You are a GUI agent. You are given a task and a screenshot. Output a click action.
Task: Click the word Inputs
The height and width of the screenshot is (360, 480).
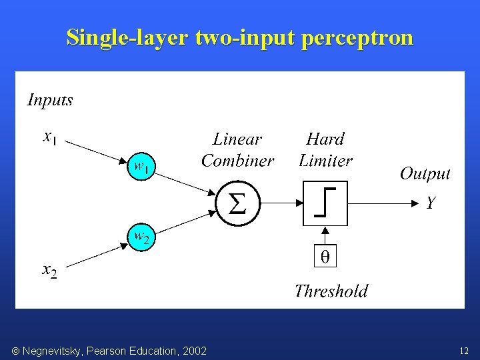(50, 100)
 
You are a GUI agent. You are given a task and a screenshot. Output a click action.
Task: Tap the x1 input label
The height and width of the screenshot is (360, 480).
(50, 137)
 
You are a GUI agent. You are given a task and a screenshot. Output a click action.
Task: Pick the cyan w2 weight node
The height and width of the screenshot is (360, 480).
(141, 237)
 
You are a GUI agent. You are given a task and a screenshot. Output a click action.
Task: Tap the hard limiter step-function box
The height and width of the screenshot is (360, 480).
(325, 203)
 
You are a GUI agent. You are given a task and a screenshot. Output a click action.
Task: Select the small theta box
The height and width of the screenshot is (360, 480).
(325, 257)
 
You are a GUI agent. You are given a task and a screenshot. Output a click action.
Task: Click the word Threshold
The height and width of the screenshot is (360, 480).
(331, 291)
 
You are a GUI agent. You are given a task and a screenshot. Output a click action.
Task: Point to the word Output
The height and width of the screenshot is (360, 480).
(425, 174)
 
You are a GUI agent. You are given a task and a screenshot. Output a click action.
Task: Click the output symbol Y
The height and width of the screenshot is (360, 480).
(431, 203)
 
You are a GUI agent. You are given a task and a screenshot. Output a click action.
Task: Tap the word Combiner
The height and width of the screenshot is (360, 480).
(237, 161)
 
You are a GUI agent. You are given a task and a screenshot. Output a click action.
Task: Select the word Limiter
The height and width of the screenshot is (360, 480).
(325, 161)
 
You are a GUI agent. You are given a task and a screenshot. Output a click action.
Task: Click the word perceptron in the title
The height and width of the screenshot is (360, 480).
(357, 37)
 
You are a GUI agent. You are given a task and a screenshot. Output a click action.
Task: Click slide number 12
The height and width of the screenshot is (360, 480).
(464, 351)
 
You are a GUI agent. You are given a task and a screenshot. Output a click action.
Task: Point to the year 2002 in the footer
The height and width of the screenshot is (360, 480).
(193, 351)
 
